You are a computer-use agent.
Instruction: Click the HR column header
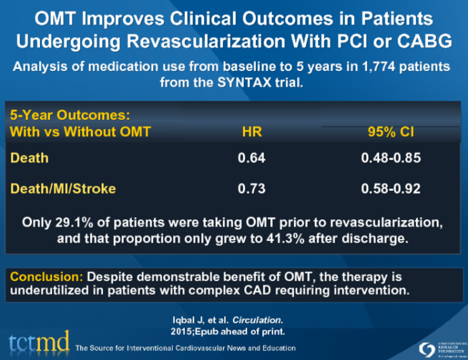[252, 131]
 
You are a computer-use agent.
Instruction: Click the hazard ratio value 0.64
[251, 158]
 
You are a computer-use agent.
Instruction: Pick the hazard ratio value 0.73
[251, 189]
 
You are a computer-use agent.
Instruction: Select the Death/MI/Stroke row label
[63, 189]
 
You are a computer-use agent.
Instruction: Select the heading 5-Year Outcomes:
[70, 115]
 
